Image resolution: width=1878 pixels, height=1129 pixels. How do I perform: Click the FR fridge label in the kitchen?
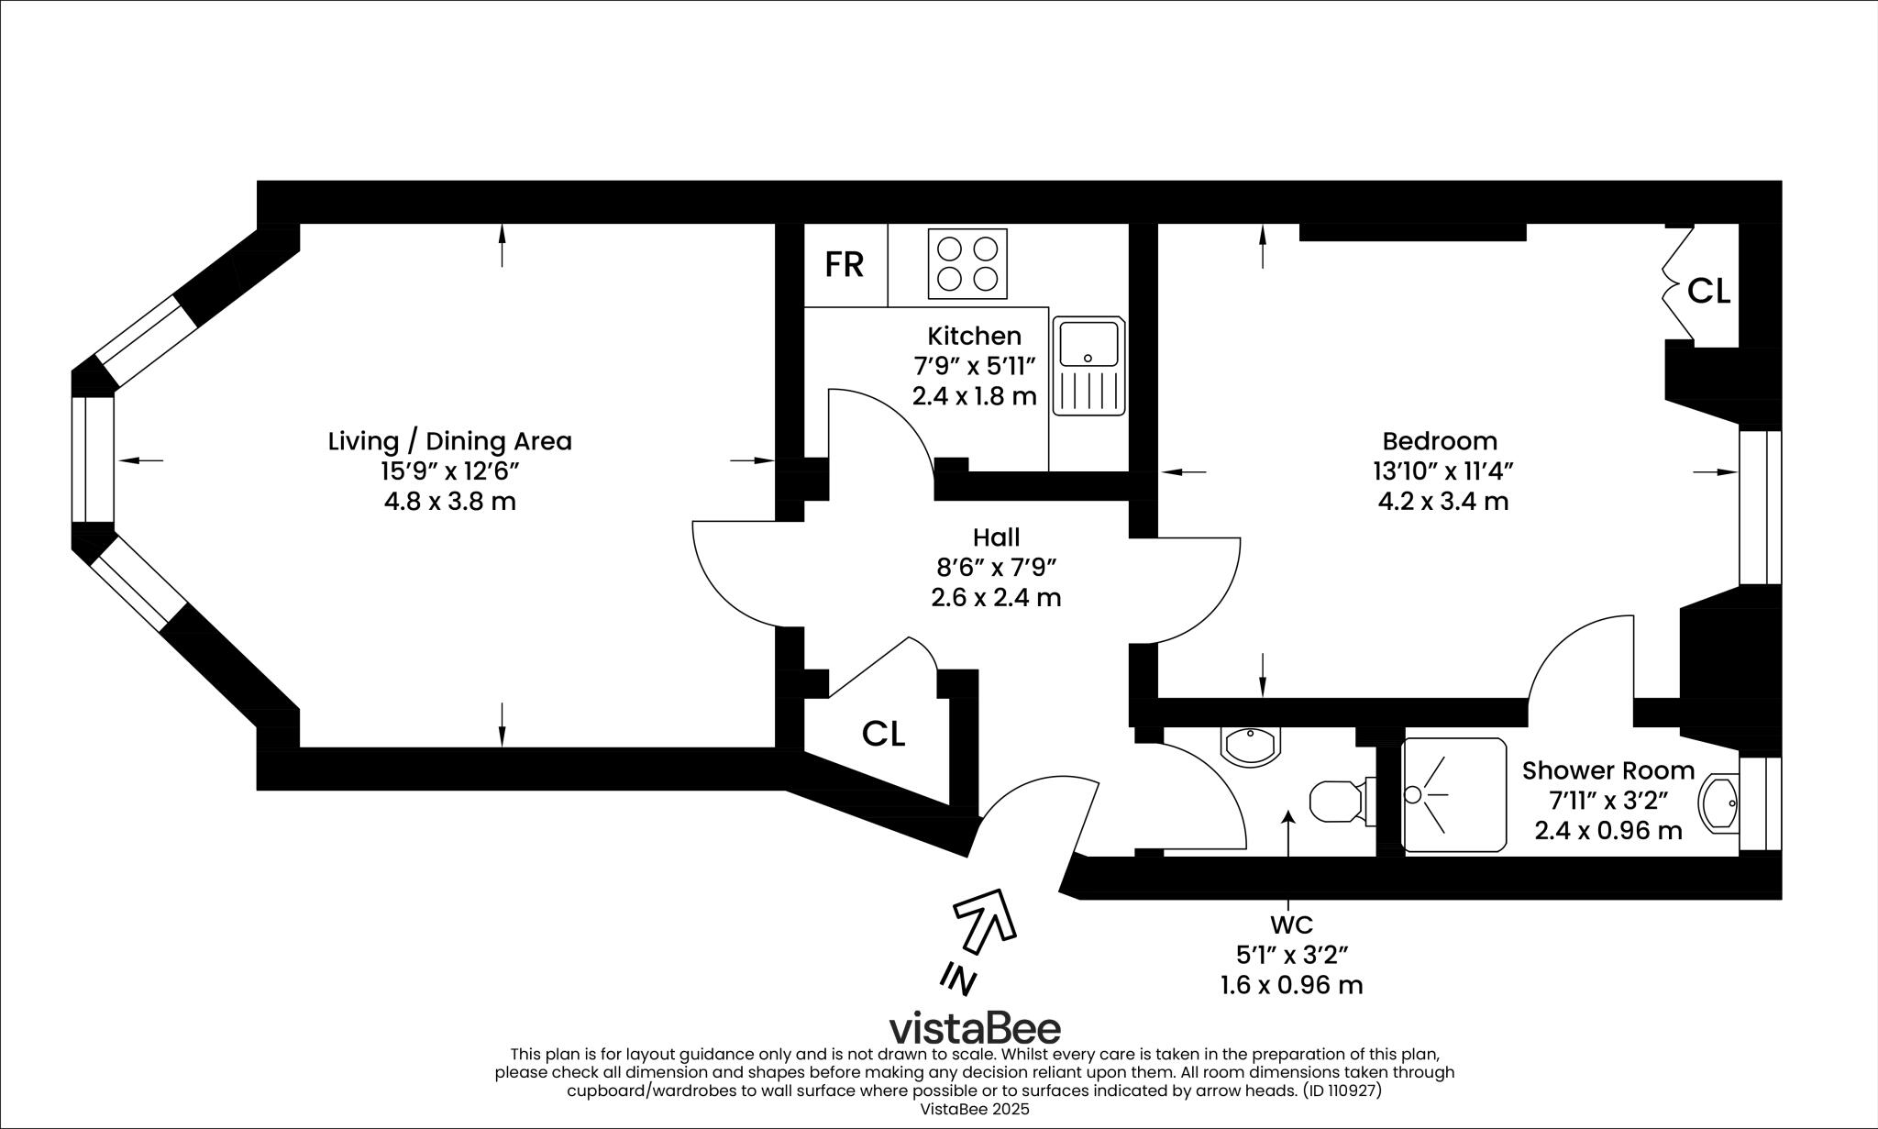[x=844, y=265]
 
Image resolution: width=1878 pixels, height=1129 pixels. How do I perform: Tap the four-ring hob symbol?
[x=967, y=264]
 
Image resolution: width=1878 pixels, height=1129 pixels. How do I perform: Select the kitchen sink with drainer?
[x=1088, y=366]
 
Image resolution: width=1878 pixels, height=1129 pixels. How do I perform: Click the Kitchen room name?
[x=974, y=336]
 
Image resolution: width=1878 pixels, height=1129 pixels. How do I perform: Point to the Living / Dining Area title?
[x=449, y=441]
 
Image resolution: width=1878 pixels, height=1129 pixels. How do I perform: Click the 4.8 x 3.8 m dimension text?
[x=449, y=502]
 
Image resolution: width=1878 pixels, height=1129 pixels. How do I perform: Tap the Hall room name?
[x=996, y=537]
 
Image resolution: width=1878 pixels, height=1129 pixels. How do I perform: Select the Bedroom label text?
[x=1440, y=441]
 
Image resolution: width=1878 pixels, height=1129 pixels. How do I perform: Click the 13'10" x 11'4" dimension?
[x=1442, y=471]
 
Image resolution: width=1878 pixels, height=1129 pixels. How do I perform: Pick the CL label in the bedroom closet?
[x=1708, y=292]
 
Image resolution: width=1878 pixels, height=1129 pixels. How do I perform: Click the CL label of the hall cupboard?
[x=883, y=734]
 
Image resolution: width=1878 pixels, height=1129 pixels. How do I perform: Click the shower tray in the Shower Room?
[x=1454, y=794]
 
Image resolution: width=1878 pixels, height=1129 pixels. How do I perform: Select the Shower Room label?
[x=1608, y=770]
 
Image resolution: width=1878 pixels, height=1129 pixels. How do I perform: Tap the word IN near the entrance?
[x=958, y=979]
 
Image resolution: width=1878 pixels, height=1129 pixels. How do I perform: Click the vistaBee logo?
[x=975, y=1028]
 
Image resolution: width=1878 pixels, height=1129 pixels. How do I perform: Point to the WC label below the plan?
[x=1291, y=924]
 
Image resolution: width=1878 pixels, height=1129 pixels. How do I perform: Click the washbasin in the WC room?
[x=1250, y=746]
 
